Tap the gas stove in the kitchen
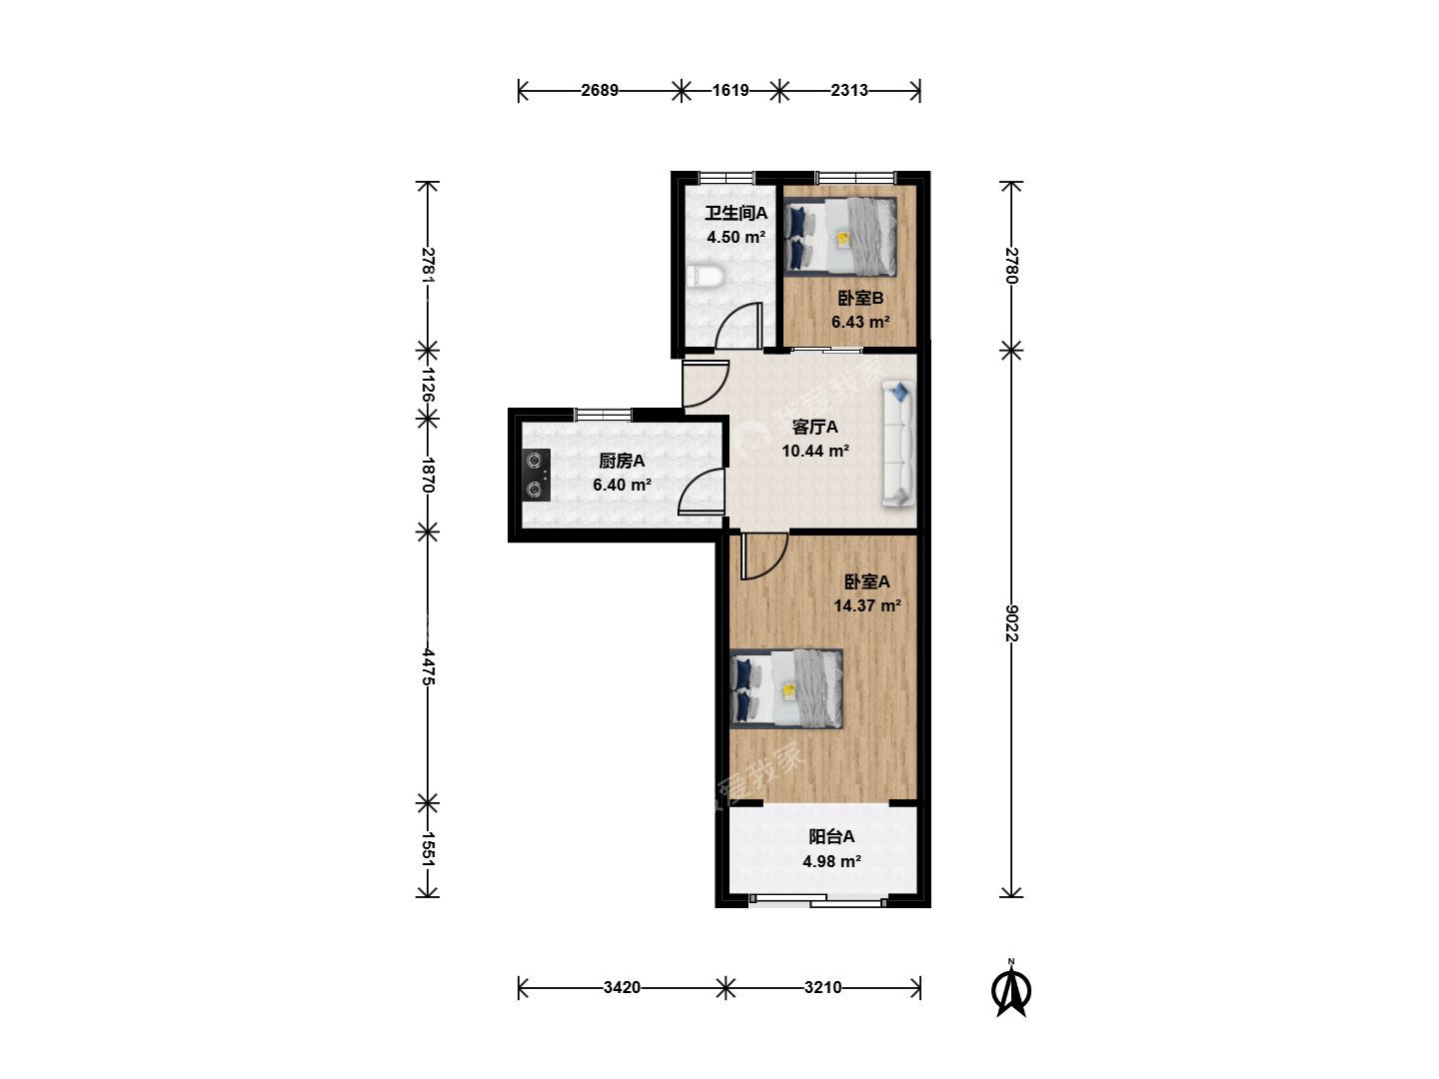click(x=537, y=475)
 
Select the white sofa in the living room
click(x=897, y=444)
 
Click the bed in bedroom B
click(x=840, y=237)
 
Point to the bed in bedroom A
click(x=786, y=688)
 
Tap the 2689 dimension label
click(x=600, y=90)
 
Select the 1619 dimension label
click(x=730, y=90)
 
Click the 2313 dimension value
click(x=849, y=90)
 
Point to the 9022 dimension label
click(x=1011, y=623)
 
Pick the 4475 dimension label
click(x=428, y=667)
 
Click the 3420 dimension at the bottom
click(x=622, y=987)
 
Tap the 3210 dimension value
click(x=822, y=987)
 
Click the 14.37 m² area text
click(x=866, y=605)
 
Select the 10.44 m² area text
click(x=815, y=451)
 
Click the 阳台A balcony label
click(x=831, y=836)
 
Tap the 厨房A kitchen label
click(x=622, y=462)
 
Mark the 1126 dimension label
click(x=428, y=385)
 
